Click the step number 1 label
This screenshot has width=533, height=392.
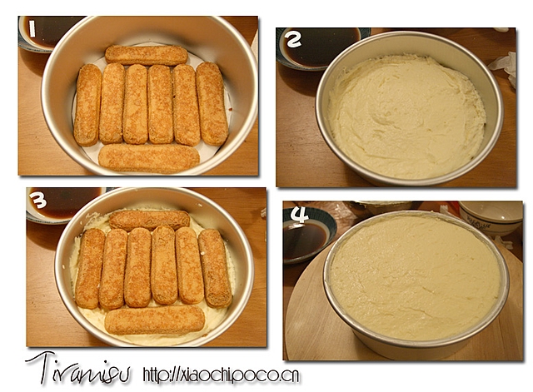coord(32,29)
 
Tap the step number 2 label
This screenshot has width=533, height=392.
coord(294,39)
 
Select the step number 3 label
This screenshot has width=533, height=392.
coord(37,201)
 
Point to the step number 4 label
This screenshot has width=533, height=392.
coord(299,215)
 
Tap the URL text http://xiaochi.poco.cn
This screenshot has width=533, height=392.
coord(222,375)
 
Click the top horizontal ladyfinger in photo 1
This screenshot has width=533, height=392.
coord(147,56)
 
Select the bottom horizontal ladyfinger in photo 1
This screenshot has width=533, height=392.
coord(149,158)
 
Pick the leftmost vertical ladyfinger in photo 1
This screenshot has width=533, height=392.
coord(87,105)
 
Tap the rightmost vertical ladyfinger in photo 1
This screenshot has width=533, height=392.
coord(212,103)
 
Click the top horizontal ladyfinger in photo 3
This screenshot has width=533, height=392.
coord(149,220)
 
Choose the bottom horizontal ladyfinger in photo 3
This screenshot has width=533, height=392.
coord(155,320)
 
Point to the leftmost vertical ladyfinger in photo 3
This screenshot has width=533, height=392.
coord(90,268)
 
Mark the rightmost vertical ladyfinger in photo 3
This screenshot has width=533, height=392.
coord(215,268)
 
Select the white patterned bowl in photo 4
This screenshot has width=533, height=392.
coord(491,218)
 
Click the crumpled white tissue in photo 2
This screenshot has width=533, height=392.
coord(504,68)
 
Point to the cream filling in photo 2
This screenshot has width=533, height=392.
coord(406,117)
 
